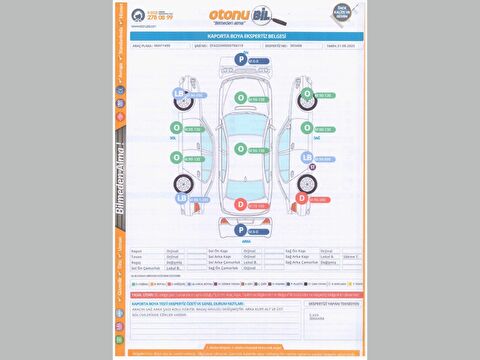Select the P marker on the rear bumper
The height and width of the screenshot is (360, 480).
tap(240, 231)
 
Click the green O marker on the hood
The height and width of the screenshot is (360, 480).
tap(240, 99)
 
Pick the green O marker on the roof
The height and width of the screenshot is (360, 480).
tap(240, 149)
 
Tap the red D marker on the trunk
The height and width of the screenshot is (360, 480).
tap(240, 205)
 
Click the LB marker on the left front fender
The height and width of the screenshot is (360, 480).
tap(181, 95)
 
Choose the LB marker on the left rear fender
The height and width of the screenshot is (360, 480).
tap(181, 198)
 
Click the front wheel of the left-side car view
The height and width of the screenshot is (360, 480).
tap(181, 110)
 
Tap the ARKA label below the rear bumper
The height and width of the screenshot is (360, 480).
tap(240, 241)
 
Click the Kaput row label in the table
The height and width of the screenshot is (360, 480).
tap(137, 251)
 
